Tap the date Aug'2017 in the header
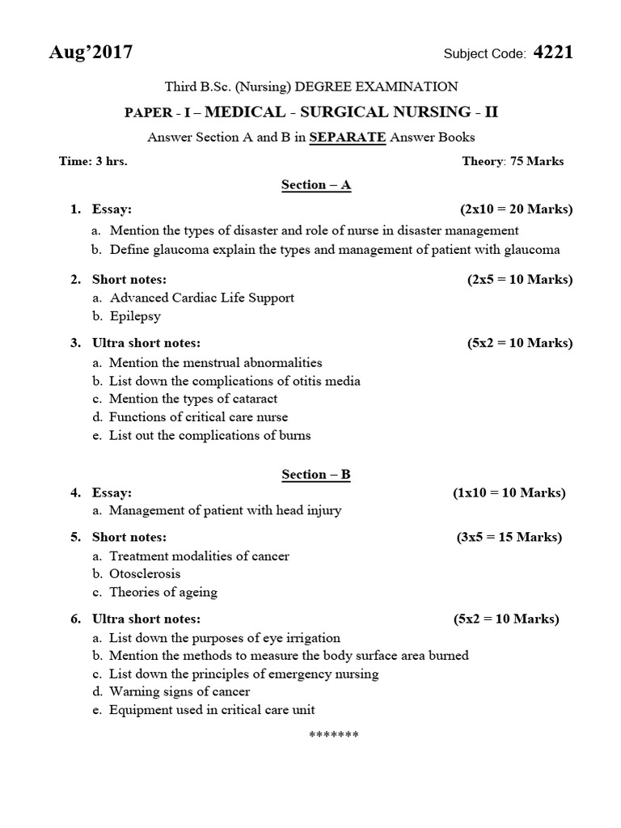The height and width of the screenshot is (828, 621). (x=91, y=53)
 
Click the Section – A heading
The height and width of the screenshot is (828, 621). (x=316, y=185)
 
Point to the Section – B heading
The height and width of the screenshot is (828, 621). (x=316, y=475)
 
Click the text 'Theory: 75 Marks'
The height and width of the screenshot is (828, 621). (x=513, y=161)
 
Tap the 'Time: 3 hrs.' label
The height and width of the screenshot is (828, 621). (x=93, y=161)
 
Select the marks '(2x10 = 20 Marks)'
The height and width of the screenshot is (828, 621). (x=516, y=209)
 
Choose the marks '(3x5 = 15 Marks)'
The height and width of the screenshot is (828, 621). (x=509, y=537)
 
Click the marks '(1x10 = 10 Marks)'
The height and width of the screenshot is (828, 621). (x=509, y=492)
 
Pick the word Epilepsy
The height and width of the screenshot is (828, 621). (x=135, y=316)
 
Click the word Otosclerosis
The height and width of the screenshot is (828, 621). (x=145, y=574)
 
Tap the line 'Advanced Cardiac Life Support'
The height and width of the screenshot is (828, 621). (x=201, y=298)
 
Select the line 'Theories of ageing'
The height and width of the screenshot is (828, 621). (x=163, y=592)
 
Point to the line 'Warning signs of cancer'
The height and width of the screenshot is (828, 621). (x=180, y=691)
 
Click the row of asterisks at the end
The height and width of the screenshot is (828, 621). (x=333, y=734)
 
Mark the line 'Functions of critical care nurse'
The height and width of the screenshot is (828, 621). (x=198, y=417)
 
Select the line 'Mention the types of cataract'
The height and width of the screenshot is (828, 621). (x=193, y=399)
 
